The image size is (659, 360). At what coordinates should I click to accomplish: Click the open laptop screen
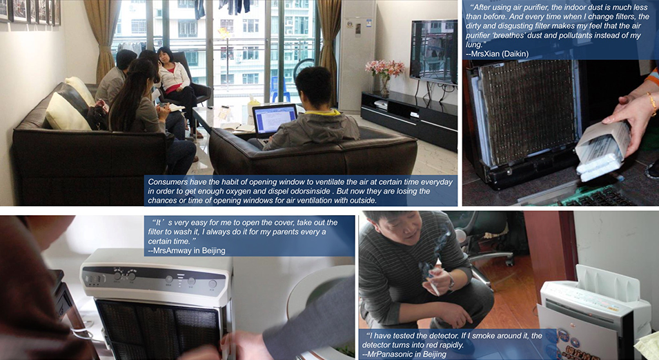click(275, 119)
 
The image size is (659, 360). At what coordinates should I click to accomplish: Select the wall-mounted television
click(433, 52)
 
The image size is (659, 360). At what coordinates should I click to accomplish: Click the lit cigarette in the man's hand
click(433, 286)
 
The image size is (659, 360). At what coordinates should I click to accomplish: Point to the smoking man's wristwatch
click(451, 283)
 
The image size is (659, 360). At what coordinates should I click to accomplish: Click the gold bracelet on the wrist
click(652, 103)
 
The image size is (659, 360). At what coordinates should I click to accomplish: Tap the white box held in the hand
click(602, 151)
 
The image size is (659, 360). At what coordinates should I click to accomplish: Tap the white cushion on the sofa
click(68, 111)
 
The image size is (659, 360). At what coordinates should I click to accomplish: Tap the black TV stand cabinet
click(408, 119)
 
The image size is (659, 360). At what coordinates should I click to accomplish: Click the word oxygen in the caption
click(235, 192)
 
